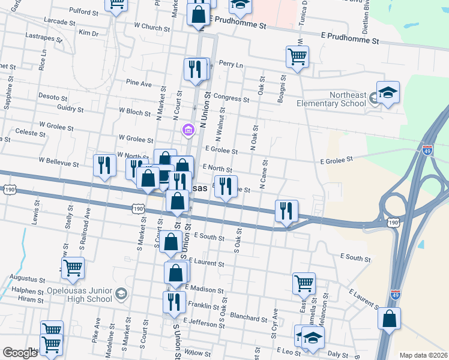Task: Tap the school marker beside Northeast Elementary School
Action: pyautogui.click(x=388, y=94)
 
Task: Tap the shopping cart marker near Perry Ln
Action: pyautogui.click(x=297, y=58)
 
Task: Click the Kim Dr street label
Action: pyautogui.click(x=88, y=32)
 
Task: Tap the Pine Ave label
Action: pyautogui.click(x=139, y=84)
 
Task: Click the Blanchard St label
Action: pyautogui.click(x=248, y=318)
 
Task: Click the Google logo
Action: pyautogui.click(x=20, y=352)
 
